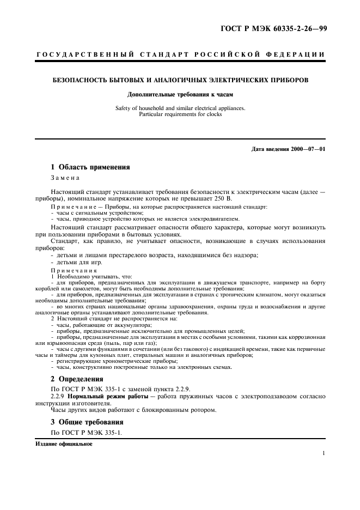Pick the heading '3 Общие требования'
(87, 422)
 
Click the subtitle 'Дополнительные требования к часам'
(180, 94)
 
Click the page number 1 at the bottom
(324, 453)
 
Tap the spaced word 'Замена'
(65, 178)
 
